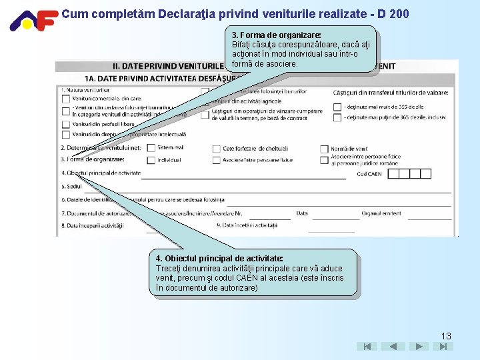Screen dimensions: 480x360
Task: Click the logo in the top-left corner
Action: tap(32, 20)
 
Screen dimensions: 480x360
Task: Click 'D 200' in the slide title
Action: tap(392, 13)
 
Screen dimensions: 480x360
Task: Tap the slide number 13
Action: tap(445, 336)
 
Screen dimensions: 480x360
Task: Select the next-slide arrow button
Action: tap(418, 347)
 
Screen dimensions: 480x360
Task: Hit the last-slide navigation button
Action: tap(443, 347)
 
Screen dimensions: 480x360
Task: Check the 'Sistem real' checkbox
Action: tap(151, 148)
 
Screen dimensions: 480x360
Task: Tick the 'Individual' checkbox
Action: tap(151, 160)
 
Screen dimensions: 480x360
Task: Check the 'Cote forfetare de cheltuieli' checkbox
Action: tap(216, 149)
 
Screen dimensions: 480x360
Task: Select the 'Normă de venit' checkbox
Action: tap(324, 149)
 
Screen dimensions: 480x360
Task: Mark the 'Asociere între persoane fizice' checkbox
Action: tap(216, 160)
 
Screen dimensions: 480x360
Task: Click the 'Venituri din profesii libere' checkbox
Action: tap(65, 124)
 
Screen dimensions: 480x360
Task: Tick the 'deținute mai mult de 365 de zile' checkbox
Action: tap(337, 107)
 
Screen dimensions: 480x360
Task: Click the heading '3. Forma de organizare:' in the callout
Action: tap(276, 35)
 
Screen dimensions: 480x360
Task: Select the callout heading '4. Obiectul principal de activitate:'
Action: tap(219, 258)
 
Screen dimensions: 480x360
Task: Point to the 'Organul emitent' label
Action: tap(381, 213)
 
